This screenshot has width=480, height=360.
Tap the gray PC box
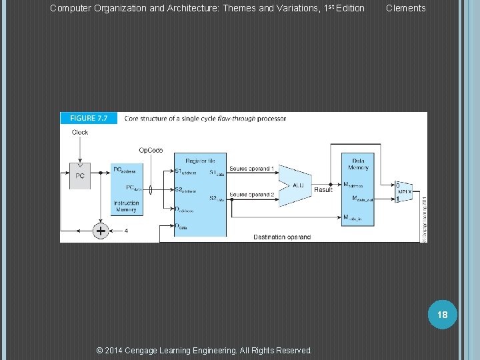click(79, 176)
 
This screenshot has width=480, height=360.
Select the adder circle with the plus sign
click(100, 231)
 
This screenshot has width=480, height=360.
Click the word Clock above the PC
click(80, 133)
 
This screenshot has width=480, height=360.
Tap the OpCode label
click(151, 150)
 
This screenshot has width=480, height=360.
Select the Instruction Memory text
click(127, 207)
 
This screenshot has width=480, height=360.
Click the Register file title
click(200, 161)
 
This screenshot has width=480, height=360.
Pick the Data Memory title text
click(359, 163)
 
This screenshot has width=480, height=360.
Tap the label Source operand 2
click(252, 195)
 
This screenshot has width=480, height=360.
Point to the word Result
click(323, 190)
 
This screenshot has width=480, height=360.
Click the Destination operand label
click(282, 237)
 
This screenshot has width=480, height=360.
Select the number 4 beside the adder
click(125, 231)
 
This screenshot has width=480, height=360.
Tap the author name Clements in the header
click(405, 8)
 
